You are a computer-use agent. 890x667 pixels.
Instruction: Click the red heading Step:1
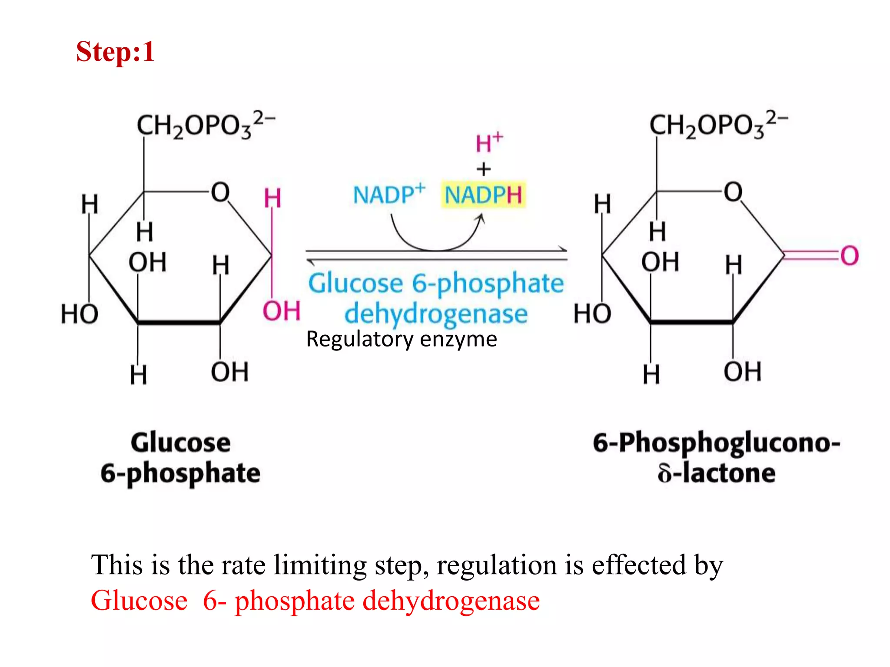click(115, 52)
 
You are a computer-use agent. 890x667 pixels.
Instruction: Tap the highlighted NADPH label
click(483, 195)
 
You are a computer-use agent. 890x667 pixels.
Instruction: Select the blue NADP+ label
click(389, 194)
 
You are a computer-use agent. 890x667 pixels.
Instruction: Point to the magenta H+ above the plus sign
click(488, 142)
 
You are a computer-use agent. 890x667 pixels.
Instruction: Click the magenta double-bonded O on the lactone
click(849, 255)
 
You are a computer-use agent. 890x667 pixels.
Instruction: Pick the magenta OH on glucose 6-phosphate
click(282, 311)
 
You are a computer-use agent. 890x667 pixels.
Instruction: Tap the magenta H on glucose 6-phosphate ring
click(272, 198)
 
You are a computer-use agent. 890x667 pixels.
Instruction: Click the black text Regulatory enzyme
click(401, 339)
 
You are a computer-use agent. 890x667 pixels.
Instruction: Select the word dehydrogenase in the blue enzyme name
click(436, 314)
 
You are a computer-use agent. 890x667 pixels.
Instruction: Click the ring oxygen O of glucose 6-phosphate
click(220, 192)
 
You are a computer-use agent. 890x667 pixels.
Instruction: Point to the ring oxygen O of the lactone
click(733, 192)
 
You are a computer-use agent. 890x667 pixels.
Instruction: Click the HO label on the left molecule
click(80, 314)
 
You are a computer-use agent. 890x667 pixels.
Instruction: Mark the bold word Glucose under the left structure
click(180, 442)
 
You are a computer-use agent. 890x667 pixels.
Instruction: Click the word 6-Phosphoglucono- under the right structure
click(716, 442)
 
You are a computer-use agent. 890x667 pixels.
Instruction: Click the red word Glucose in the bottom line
click(139, 601)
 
